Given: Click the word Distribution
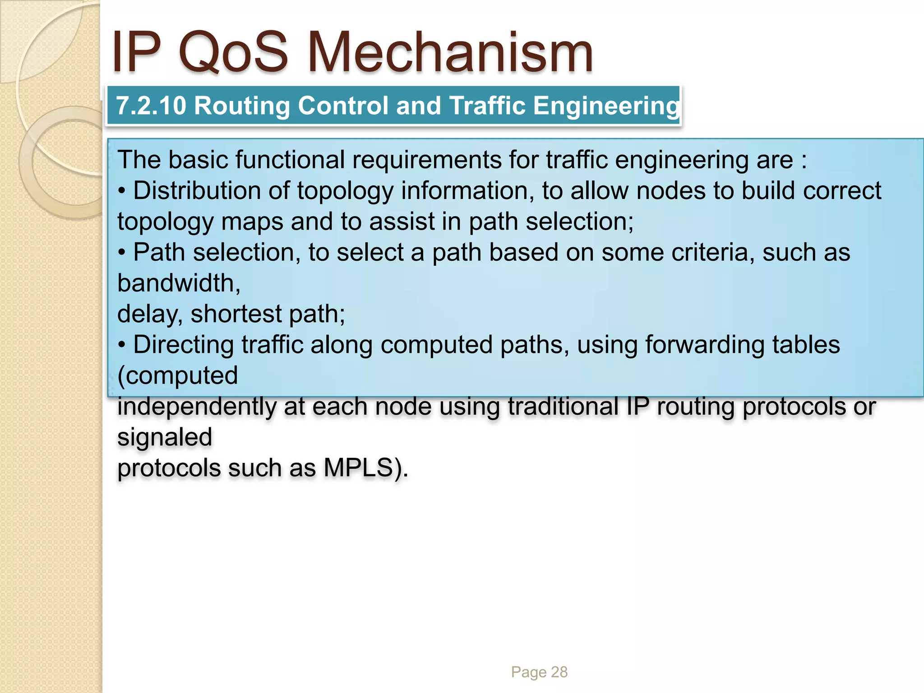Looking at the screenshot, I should click(197, 191).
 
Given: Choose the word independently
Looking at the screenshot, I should click(197, 407).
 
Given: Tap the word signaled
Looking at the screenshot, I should click(165, 437).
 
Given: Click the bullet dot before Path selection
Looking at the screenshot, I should click(121, 253).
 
